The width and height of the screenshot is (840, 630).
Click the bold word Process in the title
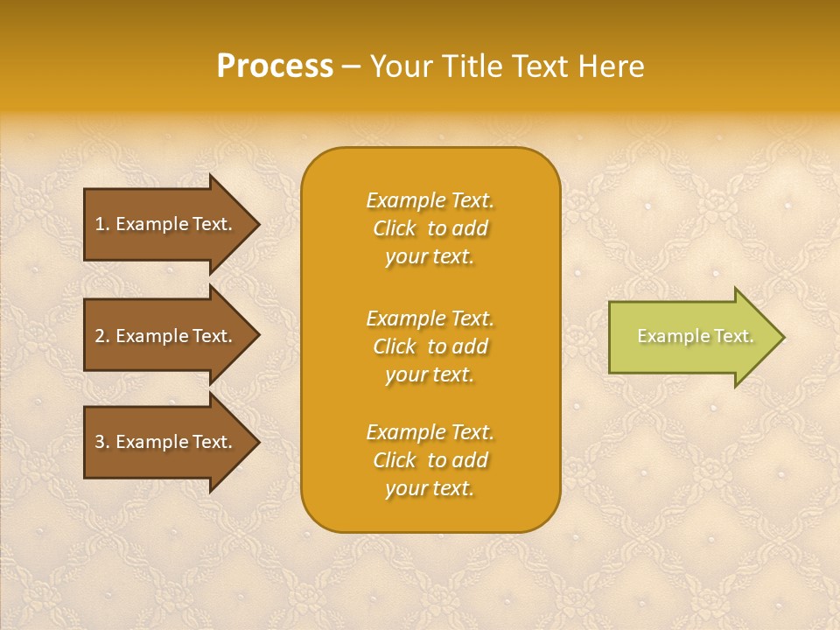275,66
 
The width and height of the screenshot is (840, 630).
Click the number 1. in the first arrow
102,224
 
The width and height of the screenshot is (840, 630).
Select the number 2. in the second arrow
102,336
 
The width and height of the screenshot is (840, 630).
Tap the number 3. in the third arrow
102,442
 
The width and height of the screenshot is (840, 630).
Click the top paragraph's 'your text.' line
430,257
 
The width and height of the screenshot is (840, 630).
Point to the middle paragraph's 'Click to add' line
430,346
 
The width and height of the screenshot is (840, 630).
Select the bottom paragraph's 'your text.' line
430,489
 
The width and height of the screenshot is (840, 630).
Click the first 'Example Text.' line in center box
430,200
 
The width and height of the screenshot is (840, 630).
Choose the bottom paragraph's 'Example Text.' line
430,432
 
